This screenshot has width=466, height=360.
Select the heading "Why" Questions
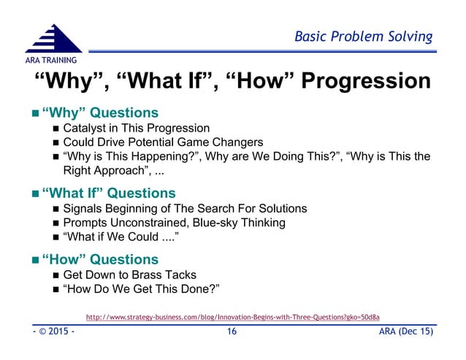[x=100, y=113]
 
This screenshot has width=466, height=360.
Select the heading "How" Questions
[x=100, y=259]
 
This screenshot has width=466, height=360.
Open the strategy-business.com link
[x=233, y=316]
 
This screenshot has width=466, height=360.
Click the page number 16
[x=232, y=333]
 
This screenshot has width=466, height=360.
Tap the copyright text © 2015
[x=50, y=333]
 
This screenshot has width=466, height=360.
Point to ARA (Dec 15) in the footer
[x=408, y=333]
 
